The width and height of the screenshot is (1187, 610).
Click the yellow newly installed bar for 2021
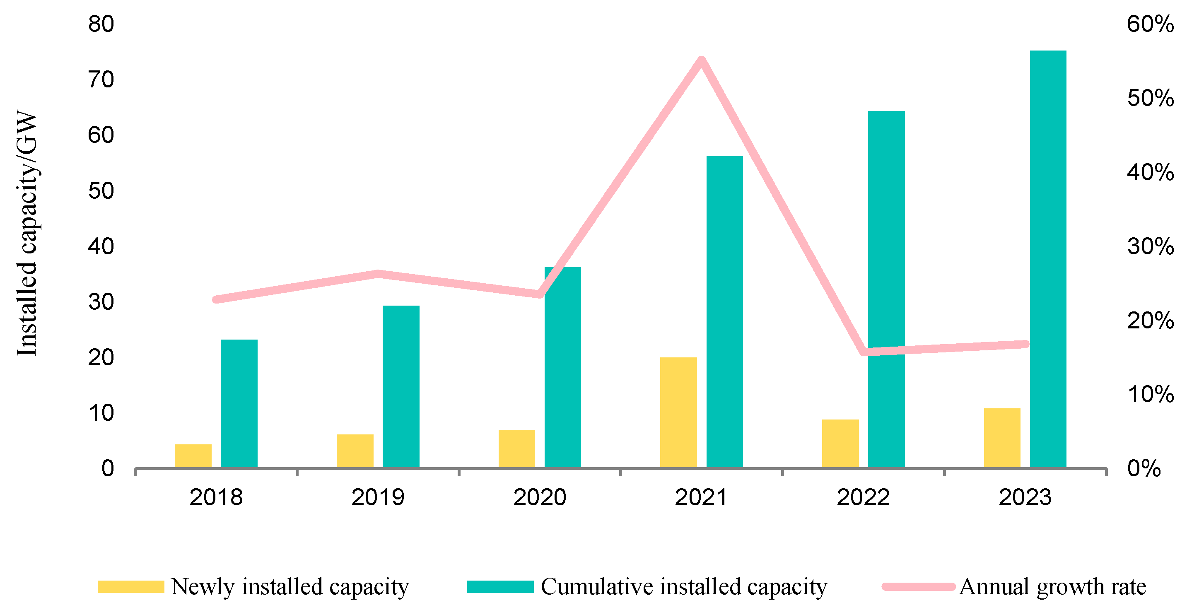678,412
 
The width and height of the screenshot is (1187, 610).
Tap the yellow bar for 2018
193,456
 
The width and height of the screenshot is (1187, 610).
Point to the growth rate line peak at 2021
701,61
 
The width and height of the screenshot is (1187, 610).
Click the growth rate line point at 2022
863,352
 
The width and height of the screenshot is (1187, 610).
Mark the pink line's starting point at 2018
216,299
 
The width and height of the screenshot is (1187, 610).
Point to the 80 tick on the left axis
101,24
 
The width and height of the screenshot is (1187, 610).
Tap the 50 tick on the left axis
101,191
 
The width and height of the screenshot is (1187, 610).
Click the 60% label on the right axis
1150,24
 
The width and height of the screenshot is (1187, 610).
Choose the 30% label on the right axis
1150,246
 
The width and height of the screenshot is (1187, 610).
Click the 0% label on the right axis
1144,468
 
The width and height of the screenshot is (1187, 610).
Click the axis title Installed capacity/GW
27,233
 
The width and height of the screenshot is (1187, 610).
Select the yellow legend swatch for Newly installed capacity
130,586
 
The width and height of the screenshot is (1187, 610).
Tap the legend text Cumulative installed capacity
683,586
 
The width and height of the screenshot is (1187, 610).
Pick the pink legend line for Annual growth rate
918,586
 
